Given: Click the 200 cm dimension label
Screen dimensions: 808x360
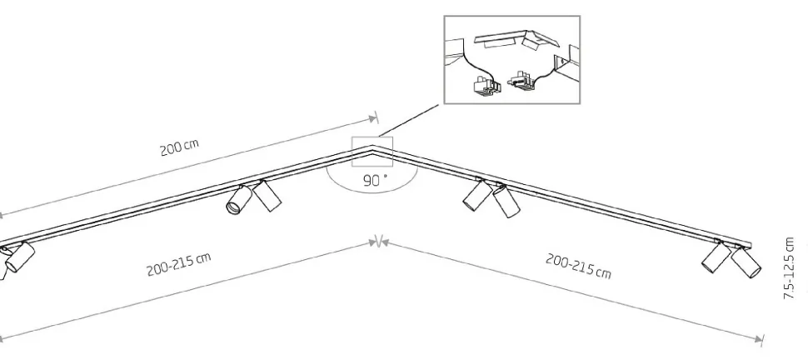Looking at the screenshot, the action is click(x=179, y=147).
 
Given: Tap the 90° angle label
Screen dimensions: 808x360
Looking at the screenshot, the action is click(x=375, y=181).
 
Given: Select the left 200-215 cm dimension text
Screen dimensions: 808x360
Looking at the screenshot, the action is click(x=179, y=264).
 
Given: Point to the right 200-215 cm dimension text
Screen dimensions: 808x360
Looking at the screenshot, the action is click(x=578, y=266).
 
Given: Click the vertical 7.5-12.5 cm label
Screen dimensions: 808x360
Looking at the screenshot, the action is click(x=789, y=268).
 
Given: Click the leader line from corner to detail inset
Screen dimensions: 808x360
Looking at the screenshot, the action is click(x=409, y=120).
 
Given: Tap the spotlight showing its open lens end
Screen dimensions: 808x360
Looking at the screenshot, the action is click(x=238, y=200).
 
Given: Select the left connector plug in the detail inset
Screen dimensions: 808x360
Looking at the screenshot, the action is click(x=486, y=85).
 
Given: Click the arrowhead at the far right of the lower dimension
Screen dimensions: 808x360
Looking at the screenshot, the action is click(x=759, y=339).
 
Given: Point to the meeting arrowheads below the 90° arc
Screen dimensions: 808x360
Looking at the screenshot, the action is click(x=379, y=242).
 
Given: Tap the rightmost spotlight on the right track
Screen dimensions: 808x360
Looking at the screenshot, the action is click(x=746, y=262).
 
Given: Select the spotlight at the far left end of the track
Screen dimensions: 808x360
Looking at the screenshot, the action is click(x=20, y=257).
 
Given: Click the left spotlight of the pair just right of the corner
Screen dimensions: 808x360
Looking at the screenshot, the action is click(x=477, y=195).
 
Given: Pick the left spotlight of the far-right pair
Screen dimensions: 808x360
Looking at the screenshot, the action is click(x=716, y=257).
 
